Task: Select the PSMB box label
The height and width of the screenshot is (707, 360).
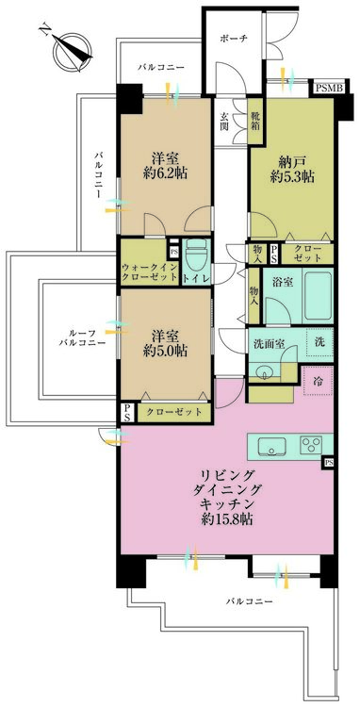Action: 330,88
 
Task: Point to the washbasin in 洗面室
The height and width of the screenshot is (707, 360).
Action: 267,370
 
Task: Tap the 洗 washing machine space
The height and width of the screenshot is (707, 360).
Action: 319,342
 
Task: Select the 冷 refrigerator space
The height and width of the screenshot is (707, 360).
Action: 319,383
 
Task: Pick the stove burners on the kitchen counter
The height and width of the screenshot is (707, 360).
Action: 312,444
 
